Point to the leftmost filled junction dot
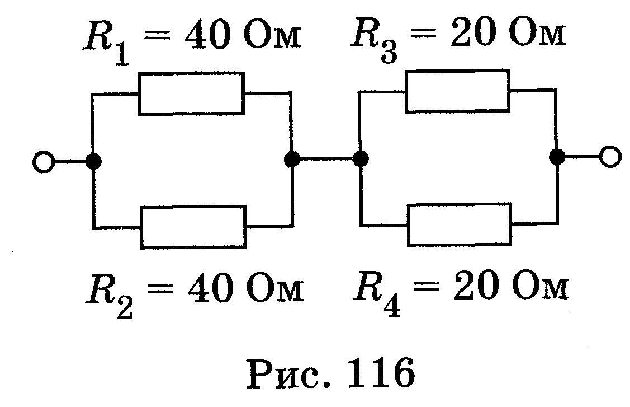pyautogui.click(x=93, y=161)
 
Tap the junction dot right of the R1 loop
pyautogui.click(x=292, y=159)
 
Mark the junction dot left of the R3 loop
pyautogui.click(x=361, y=158)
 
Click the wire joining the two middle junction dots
pyautogui.click(x=326, y=158)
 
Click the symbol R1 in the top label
pyautogui.click(x=106, y=44)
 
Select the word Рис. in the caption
pyautogui.click(x=288, y=375)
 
